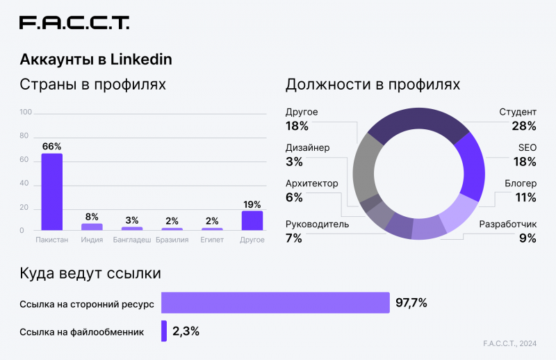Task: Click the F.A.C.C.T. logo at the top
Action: pyautogui.click(x=74, y=23)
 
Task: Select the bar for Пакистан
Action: pyautogui.click(x=51, y=192)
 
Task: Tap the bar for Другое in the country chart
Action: pyautogui.click(x=252, y=220)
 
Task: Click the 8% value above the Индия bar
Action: pyautogui.click(x=92, y=217)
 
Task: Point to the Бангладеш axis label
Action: pyautogui.click(x=132, y=240)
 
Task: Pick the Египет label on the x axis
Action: pyautogui.click(x=212, y=240)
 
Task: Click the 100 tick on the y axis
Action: pyautogui.click(x=26, y=112)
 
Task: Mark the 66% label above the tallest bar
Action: pyautogui.click(x=51, y=147)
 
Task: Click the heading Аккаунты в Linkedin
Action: pyautogui.click(x=96, y=60)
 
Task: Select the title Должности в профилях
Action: pyautogui.click(x=373, y=85)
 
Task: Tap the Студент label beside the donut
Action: pyautogui.click(x=518, y=112)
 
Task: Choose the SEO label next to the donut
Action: pyautogui.click(x=527, y=148)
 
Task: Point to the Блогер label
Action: pyautogui.click(x=521, y=183)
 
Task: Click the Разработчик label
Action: pyautogui.click(x=507, y=224)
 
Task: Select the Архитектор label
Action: pyautogui.click(x=312, y=183)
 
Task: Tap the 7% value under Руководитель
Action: pyautogui.click(x=293, y=238)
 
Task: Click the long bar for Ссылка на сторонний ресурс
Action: pyautogui.click(x=275, y=302)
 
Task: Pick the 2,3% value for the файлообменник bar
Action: pyautogui.click(x=186, y=332)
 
